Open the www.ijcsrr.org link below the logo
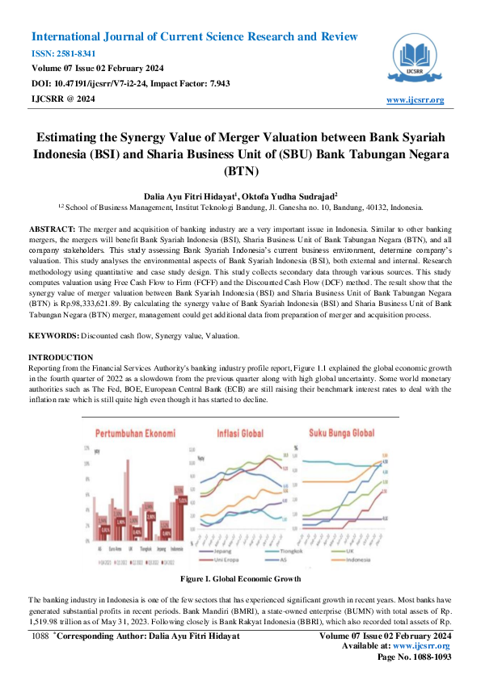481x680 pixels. (x=416, y=100)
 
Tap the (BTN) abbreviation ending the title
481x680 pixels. (x=240, y=171)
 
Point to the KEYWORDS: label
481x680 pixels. (x=54, y=313)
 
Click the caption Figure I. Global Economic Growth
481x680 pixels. (x=240, y=579)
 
